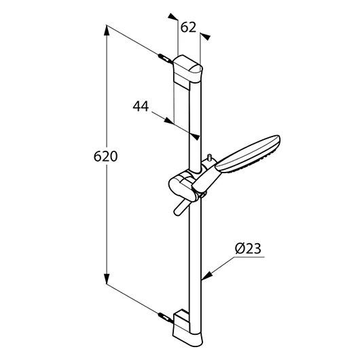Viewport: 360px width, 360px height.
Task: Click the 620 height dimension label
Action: pos(105,156)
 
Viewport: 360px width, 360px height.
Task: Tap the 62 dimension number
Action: pos(188,27)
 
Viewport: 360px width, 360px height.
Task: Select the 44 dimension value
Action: pos(141,106)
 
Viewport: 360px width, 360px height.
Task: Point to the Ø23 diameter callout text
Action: pos(248,249)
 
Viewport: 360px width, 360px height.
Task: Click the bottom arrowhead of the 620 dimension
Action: pos(106,278)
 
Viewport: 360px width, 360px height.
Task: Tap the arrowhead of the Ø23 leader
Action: pos(206,276)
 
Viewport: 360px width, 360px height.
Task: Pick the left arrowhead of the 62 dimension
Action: pos(173,16)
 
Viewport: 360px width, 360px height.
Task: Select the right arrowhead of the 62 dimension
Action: pos(205,37)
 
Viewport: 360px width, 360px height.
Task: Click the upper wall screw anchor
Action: pos(164,59)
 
